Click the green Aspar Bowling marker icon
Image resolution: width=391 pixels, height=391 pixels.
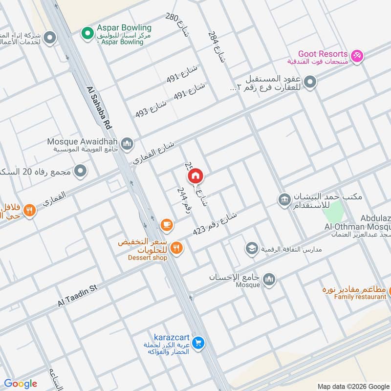(x=87, y=33)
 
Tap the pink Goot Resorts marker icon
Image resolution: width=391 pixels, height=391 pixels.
(x=357, y=56)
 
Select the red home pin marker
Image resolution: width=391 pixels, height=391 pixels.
(x=195, y=175)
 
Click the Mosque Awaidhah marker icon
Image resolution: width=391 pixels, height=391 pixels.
(x=127, y=144)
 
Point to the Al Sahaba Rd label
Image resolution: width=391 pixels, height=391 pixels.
(x=99, y=109)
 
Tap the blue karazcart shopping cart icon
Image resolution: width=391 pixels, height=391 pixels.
(x=197, y=343)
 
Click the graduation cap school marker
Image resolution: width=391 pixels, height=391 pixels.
(x=252, y=249)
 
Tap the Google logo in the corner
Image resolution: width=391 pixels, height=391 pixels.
(x=21, y=384)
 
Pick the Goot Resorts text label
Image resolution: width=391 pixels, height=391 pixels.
(x=323, y=54)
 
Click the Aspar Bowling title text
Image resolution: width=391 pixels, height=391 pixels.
(x=124, y=28)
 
